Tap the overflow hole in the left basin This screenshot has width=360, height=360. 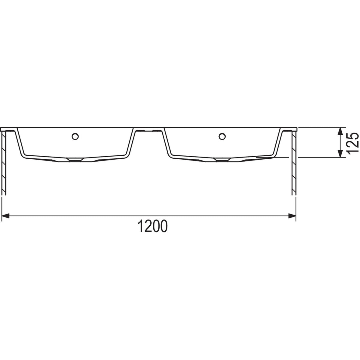click(x=75, y=136)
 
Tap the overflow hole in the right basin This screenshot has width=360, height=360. click(x=222, y=136)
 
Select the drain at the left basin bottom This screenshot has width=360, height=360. click(x=75, y=160)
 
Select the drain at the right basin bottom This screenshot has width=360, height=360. click(x=222, y=160)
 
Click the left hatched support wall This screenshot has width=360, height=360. click(x=4, y=162)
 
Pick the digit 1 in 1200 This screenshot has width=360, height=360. click(x=141, y=227)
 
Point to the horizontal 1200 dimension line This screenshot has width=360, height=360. click(x=210, y=215)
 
